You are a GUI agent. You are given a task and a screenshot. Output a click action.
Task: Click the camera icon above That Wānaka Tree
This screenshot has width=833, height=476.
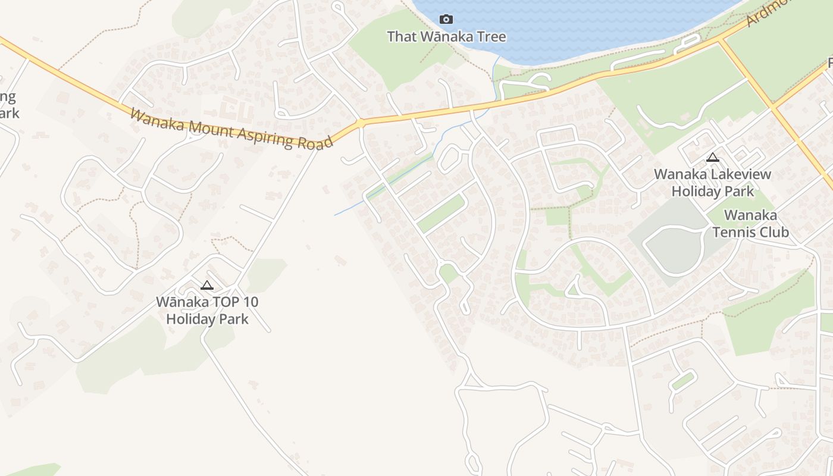446,20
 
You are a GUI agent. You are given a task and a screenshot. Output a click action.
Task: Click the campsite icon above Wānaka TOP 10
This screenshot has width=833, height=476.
206,285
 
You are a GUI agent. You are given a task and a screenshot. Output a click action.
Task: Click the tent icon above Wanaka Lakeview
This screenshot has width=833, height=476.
712,158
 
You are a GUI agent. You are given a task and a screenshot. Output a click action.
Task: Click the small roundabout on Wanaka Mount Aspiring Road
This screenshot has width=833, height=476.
360,123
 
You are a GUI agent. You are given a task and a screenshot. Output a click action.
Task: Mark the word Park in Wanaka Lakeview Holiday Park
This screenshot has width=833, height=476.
738,192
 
